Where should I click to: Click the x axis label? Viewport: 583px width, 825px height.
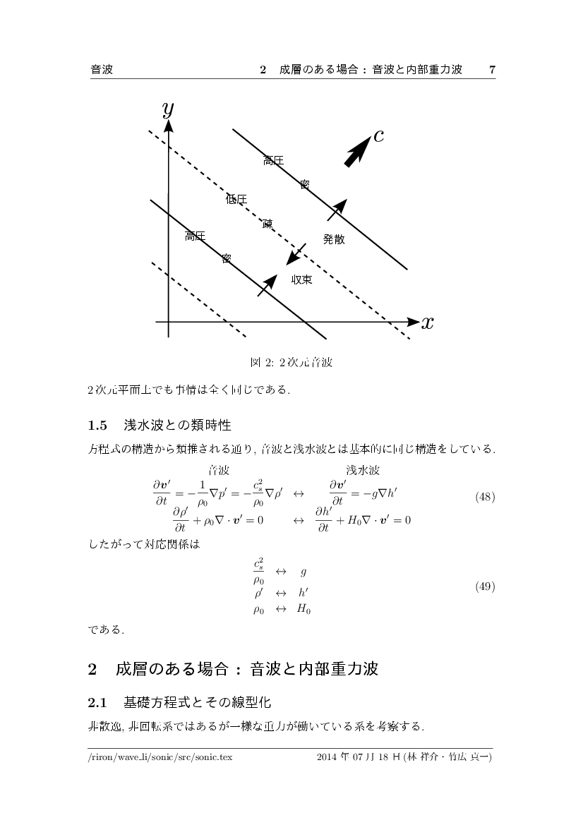click(x=427, y=323)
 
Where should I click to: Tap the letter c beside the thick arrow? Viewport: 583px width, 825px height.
click(x=378, y=136)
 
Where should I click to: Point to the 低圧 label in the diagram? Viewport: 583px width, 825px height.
click(x=236, y=200)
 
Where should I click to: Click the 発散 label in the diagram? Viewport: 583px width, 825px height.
click(x=334, y=239)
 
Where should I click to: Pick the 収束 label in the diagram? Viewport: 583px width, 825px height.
click(x=302, y=279)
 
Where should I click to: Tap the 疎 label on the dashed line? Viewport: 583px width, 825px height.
click(x=268, y=224)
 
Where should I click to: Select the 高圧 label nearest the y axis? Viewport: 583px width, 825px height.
click(x=195, y=236)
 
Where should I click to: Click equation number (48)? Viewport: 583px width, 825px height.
click(x=485, y=497)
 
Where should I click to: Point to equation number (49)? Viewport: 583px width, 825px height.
click(x=485, y=586)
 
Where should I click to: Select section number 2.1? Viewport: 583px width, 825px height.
click(x=97, y=703)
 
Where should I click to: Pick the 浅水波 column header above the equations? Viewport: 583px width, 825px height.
click(x=363, y=470)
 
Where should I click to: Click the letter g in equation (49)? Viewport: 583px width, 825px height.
click(x=303, y=572)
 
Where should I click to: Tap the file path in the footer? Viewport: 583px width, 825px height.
click(x=160, y=757)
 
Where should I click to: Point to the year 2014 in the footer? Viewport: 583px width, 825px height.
click(x=328, y=757)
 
